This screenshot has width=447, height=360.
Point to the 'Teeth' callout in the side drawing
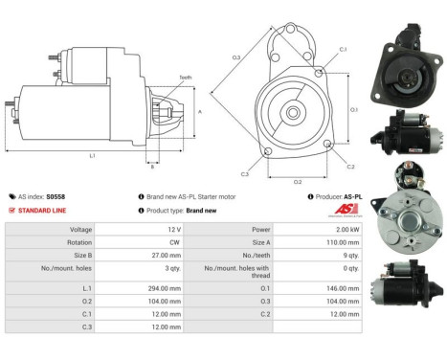185,79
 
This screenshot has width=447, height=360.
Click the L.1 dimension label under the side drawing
92,154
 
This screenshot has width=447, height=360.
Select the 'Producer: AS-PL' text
331,195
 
